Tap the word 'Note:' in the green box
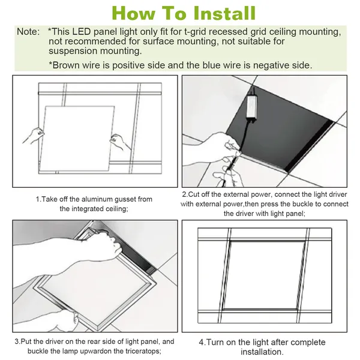click(x=28, y=31)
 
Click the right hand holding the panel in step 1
click(x=119, y=142)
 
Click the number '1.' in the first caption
click(x=38, y=199)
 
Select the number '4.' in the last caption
click(x=202, y=343)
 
